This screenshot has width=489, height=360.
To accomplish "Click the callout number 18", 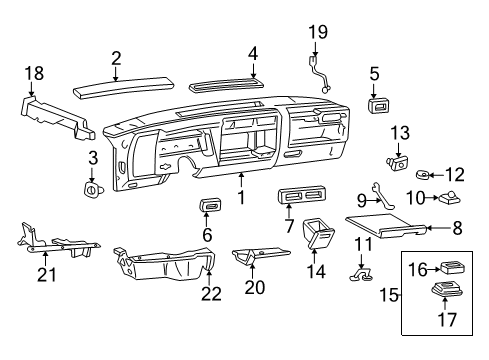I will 33,72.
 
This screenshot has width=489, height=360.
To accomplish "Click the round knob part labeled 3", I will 92,186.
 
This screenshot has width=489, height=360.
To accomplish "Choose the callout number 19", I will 319,32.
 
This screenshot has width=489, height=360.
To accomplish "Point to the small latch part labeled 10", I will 447,196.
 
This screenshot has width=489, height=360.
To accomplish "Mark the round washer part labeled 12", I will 423,175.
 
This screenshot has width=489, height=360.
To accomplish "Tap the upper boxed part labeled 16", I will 451,268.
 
